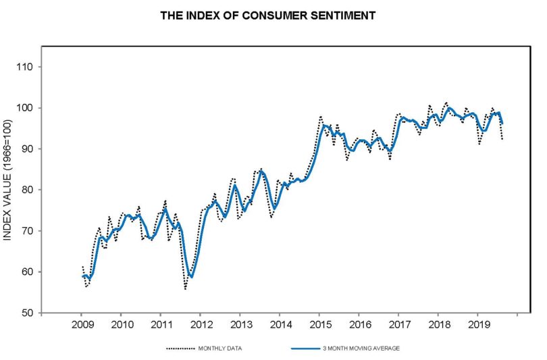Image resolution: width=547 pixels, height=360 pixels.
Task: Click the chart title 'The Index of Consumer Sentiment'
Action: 267,16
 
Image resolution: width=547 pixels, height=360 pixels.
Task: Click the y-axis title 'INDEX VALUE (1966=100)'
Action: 7,180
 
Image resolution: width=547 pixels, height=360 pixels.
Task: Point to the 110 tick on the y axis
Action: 24,67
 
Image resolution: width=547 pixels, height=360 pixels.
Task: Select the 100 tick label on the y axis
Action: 24,108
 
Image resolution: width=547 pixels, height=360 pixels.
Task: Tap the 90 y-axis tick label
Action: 26,149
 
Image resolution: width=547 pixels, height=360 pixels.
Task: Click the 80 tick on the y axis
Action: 26,190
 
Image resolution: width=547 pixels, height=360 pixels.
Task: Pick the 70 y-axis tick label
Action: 26,231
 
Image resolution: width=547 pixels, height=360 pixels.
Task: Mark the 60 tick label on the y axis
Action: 26,272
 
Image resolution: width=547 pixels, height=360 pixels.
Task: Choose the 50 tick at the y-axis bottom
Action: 26,313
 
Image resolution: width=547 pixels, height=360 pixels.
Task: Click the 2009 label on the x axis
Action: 82,325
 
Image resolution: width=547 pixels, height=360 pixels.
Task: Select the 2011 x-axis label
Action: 162,325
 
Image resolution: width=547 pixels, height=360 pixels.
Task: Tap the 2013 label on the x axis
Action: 241,325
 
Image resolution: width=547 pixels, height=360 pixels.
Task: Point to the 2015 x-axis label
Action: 321,325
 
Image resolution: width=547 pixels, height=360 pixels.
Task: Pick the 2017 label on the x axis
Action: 400,325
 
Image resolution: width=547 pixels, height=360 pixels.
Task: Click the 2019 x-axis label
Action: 479,325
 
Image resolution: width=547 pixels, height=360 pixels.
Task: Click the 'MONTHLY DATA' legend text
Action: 219,348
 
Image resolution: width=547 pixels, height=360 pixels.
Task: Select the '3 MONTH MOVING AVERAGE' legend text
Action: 361,348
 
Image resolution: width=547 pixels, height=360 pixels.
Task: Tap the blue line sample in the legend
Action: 306,348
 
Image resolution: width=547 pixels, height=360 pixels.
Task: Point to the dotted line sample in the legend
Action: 180,348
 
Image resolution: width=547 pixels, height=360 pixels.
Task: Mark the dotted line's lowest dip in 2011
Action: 185,289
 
